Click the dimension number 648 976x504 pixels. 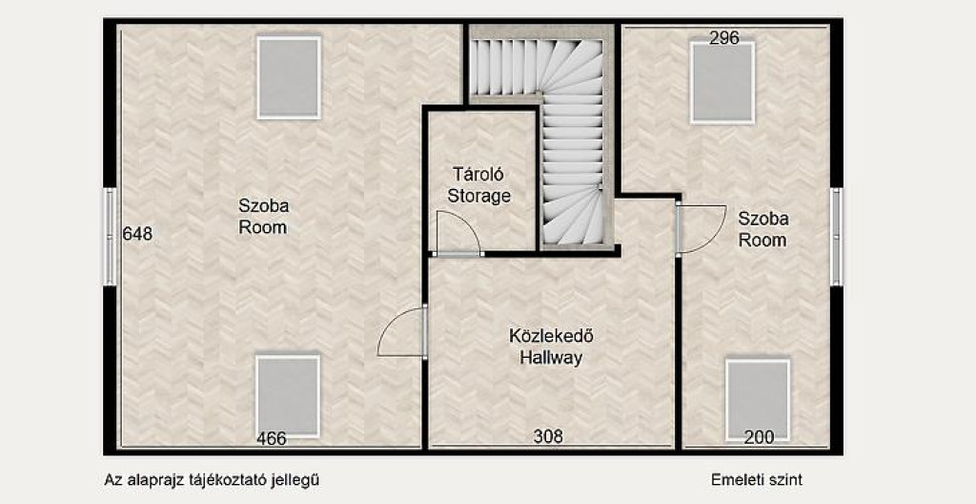pos(137,234)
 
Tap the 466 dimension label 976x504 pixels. pos(272,439)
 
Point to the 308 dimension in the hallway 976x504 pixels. pos(548,436)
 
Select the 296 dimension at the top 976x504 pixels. pos(724,39)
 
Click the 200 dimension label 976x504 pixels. pos(760,438)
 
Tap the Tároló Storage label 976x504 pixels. pos(479,185)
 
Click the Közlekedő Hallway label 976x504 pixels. pos(552,346)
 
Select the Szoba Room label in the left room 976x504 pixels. pos(263,216)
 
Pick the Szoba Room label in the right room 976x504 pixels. pos(763,229)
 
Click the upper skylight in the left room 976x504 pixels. pos(289,77)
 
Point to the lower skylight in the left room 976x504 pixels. pos(288,396)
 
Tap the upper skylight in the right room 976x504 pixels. pos(722,83)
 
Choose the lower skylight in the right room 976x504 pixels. pos(758,400)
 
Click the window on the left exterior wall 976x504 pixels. pos(110,237)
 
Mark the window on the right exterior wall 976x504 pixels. pos(837,237)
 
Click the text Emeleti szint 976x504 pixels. pos(756,480)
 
